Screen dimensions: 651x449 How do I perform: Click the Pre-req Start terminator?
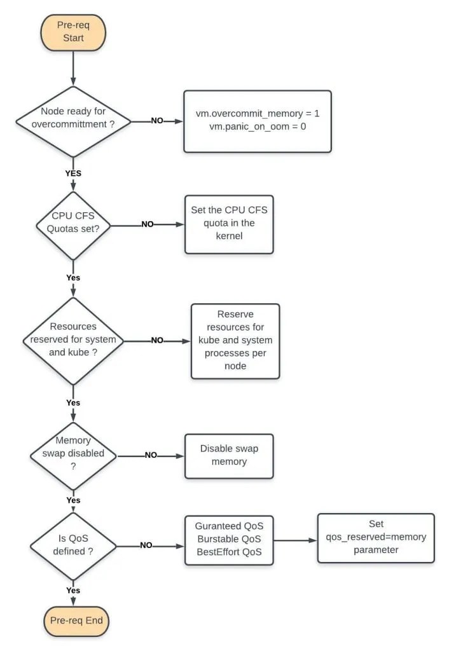tap(74, 32)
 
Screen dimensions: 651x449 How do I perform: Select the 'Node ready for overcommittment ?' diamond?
tap(74, 120)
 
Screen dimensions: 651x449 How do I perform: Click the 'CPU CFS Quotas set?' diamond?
tap(74, 224)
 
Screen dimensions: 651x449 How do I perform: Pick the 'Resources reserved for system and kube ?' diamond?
tap(74, 339)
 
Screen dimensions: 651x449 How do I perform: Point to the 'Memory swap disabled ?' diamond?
tap(74, 455)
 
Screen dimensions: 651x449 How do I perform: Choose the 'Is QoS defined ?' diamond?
tap(74, 545)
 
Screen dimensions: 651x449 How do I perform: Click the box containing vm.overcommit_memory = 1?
tap(258, 121)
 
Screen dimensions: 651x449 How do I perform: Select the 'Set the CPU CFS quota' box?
tap(230, 224)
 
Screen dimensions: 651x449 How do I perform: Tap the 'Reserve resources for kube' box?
tap(235, 340)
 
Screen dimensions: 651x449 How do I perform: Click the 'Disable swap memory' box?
tap(229, 455)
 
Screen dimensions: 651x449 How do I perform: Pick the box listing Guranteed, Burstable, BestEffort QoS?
tap(229, 539)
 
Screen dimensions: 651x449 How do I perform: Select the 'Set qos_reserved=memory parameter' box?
tap(376, 537)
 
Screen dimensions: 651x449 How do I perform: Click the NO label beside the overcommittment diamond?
tap(157, 120)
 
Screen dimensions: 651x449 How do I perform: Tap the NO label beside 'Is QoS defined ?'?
tap(146, 545)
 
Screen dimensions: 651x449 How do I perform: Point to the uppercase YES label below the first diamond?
tap(74, 172)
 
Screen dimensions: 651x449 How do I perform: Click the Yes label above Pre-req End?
tap(74, 590)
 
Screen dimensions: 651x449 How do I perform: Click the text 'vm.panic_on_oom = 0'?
tap(258, 127)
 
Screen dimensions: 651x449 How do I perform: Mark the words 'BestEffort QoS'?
tap(229, 552)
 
